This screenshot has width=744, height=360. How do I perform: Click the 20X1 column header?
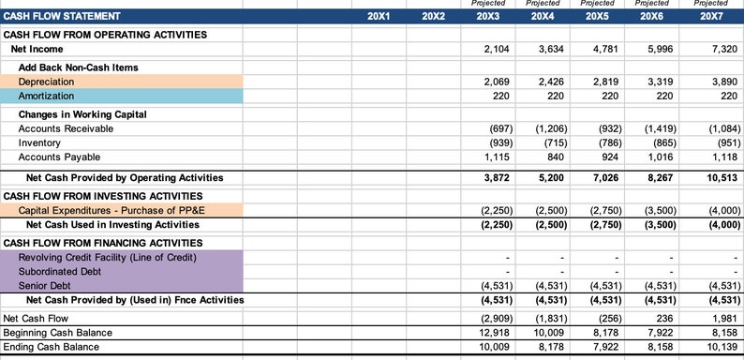379,17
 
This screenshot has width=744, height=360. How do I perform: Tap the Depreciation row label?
46,82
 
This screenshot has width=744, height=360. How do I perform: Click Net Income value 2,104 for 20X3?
496,49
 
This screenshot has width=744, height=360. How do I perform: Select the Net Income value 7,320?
724,49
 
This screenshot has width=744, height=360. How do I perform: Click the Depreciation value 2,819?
605,82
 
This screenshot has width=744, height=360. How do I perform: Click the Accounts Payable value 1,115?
496,157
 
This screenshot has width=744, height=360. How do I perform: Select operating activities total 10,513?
722,177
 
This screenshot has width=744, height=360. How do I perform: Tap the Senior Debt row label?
46,286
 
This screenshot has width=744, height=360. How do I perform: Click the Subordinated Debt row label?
61,272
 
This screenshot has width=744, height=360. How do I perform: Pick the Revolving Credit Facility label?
108,257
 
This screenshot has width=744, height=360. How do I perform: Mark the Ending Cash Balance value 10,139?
722,347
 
